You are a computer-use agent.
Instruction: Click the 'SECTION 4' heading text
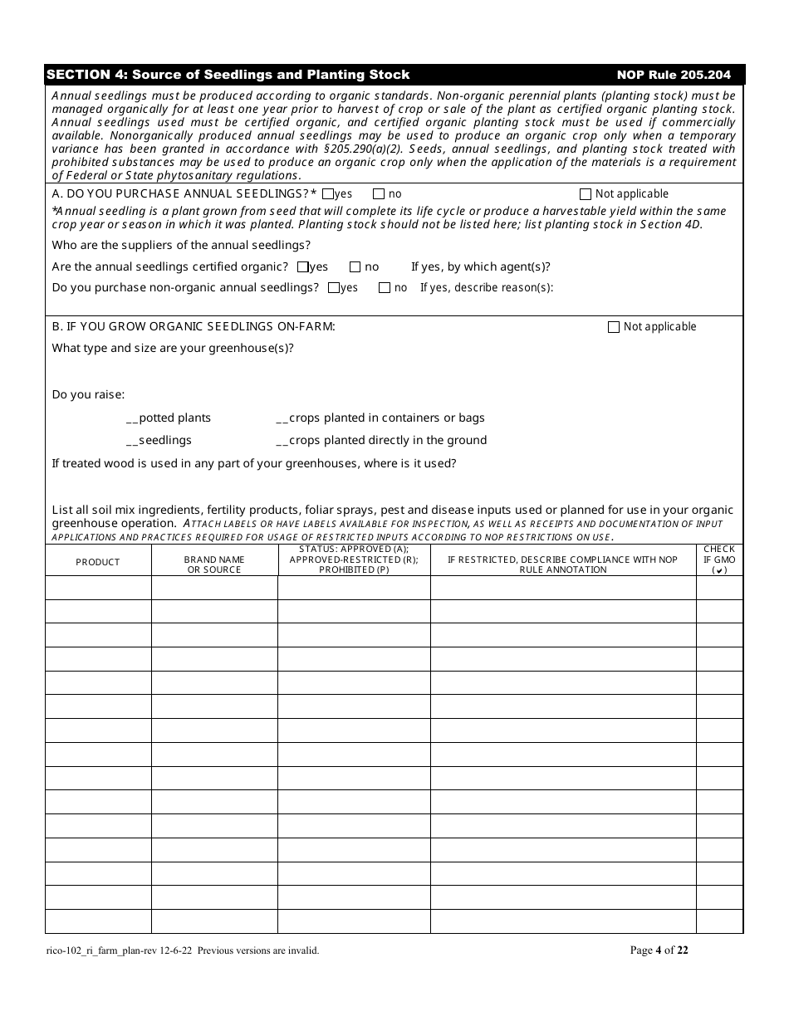(228, 75)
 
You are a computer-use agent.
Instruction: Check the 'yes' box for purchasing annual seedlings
(328, 194)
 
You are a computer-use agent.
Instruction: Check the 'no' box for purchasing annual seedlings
(379, 194)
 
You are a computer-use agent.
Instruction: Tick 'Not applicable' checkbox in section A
(586, 194)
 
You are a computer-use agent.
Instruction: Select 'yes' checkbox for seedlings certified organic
(303, 267)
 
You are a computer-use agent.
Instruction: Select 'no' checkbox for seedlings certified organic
(355, 267)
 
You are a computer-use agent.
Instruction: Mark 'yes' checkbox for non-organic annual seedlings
(334, 288)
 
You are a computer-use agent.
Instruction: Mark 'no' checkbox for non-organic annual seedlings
(385, 288)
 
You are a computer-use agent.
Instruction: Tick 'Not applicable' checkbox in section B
(614, 327)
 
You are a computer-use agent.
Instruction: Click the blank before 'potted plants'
(132, 418)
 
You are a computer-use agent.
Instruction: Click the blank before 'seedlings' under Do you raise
(132, 441)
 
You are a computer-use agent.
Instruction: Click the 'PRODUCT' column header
(98, 562)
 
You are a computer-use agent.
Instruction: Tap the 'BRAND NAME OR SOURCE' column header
(214, 564)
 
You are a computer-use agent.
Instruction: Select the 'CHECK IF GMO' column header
(719, 559)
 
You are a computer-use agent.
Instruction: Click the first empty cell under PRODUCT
(98, 588)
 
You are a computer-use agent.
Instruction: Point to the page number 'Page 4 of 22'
(659, 950)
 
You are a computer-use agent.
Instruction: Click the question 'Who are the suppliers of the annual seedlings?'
(181, 245)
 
